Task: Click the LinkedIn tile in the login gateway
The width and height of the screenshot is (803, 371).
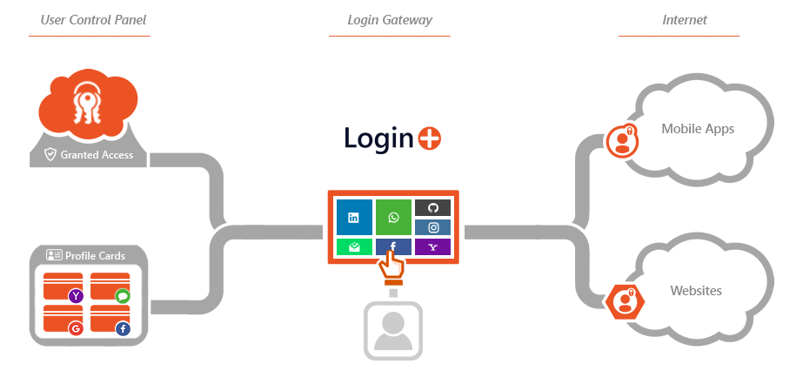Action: click(354, 218)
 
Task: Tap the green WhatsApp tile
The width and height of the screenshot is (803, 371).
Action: click(393, 218)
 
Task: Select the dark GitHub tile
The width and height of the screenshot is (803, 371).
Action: click(432, 208)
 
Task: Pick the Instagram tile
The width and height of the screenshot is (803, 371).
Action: click(432, 227)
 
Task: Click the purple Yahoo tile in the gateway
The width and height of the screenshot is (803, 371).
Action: click(432, 247)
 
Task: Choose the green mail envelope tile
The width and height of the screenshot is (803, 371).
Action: click(354, 247)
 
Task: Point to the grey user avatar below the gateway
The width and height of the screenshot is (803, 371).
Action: click(393, 329)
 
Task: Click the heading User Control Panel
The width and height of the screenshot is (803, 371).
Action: click(90, 20)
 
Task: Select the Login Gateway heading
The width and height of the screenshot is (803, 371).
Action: click(390, 20)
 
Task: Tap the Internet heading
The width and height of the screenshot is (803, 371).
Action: click(685, 20)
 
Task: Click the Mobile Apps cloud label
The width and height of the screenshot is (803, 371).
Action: click(698, 129)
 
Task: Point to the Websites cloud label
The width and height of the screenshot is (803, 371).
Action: click(696, 291)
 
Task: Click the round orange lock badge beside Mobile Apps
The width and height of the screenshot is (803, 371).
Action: click(622, 140)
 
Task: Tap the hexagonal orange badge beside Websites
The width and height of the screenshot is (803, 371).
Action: click(624, 300)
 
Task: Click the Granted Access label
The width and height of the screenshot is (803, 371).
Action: click(96, 155)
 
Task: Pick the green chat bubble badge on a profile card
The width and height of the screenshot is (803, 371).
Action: click(122, 296)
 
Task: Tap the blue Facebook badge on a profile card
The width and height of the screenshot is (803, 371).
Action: click(122, 328)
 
